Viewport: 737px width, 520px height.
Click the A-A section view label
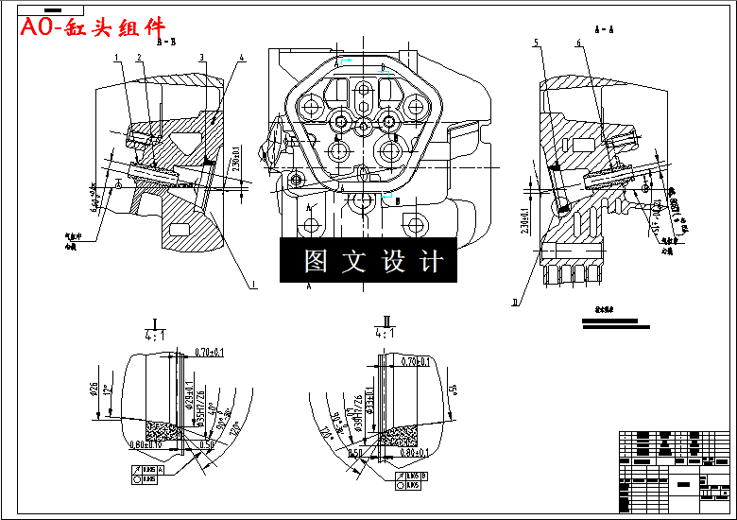pos(605,30)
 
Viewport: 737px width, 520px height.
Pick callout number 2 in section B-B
pos(139,59)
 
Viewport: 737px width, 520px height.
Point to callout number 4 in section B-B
pos(243,59)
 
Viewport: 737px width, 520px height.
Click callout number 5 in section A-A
pos(536,43)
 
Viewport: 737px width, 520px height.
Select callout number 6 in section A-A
pos(577,43)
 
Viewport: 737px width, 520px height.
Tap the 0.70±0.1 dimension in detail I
pos(209,352)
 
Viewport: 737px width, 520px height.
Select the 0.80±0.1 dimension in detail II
pos(417,452)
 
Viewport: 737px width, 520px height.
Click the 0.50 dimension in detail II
pos(356,453)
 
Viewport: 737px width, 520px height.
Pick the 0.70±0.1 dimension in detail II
pos(416,361)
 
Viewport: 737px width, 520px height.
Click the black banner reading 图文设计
pos(368,260)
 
